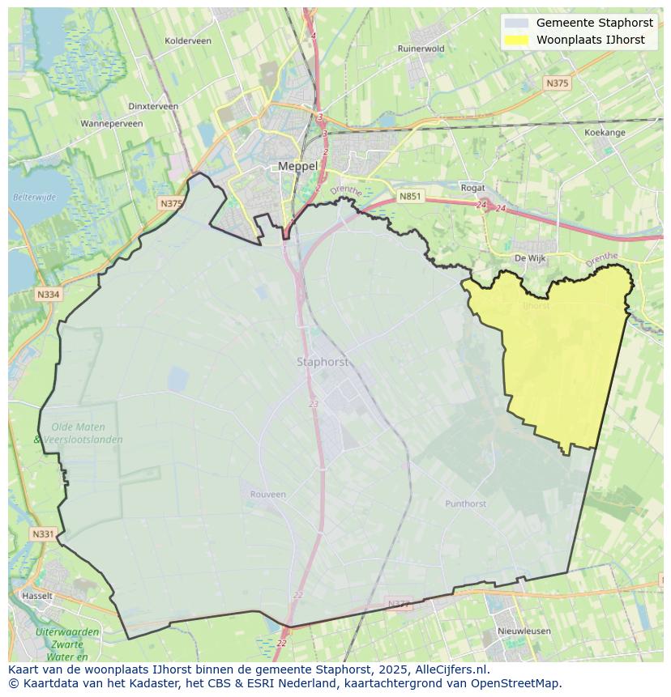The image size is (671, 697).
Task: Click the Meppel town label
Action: point(297,166)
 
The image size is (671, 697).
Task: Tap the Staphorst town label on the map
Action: point(323,362)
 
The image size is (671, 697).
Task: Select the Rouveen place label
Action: point(267,495)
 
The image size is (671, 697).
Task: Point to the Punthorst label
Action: point(465,504)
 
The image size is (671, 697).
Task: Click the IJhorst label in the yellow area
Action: point(536,306)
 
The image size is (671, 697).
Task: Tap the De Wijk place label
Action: point(530,258)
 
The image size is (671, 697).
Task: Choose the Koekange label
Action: point(605,132)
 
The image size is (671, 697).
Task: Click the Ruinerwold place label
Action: point(421,49)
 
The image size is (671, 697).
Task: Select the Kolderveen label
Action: point(187,40)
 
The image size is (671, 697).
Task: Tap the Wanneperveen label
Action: point(112,124)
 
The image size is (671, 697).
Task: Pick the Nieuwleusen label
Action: point(524,631)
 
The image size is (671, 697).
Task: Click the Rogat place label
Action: point(472,188)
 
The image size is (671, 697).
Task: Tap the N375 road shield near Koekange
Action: point(557,83)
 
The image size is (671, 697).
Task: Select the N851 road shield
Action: point(410,196)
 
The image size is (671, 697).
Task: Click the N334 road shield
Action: point(48,295)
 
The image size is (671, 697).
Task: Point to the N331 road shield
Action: point(43,534)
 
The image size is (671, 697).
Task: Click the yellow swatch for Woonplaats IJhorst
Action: point(515,40)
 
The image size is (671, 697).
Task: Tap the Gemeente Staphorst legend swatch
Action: point(515,23)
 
